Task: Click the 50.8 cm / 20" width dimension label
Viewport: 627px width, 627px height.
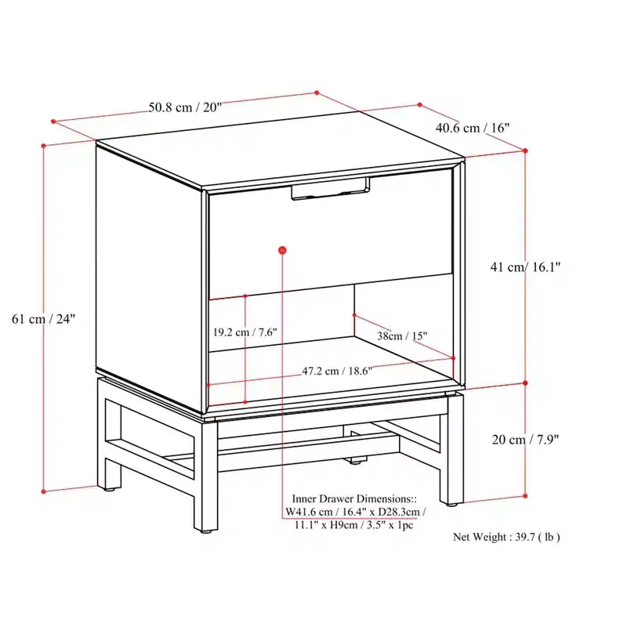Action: (185, 107)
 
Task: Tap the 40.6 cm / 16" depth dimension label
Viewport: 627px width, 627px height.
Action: (473, 128)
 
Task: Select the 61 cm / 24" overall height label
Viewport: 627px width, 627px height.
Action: (43, 319)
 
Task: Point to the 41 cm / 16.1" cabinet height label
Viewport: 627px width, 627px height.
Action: (525, 266)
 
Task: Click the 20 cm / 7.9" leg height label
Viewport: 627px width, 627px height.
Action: (525, 440)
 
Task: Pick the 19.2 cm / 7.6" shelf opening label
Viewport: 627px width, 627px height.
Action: (245, 332)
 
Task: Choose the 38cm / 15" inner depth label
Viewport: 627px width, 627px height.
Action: (402, 336)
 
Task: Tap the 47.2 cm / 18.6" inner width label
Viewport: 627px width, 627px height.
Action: (337, 371)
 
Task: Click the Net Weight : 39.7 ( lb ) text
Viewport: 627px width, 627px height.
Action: (506, 537)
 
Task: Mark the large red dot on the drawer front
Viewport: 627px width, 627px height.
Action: (282, 251)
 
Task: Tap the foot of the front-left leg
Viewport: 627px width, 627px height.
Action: (206, 532)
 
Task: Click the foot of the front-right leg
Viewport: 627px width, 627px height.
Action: (451, 504)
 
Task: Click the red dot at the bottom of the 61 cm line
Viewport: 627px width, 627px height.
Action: (44, 491)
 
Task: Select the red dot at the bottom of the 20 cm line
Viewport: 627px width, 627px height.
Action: (525, 496)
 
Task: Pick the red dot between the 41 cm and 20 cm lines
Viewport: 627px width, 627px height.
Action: (525, 383)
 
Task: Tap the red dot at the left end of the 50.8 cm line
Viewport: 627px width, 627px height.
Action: (53, 121)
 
